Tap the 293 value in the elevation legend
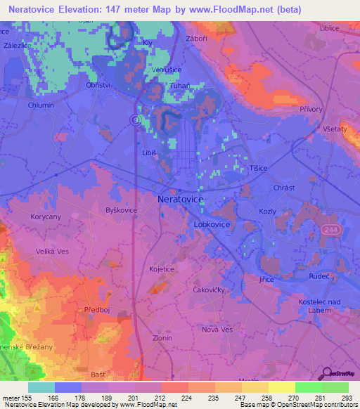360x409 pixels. coord(347,398)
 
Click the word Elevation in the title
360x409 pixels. coord(86,9)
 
